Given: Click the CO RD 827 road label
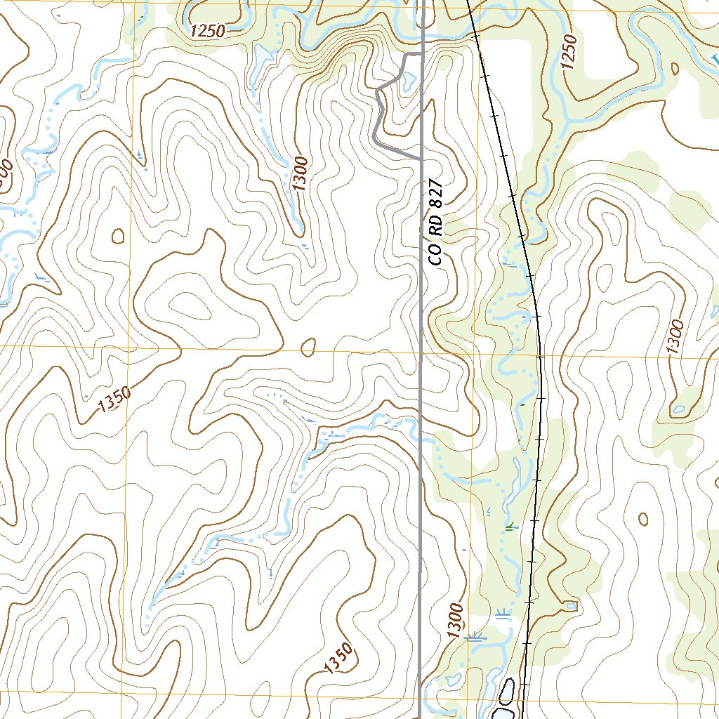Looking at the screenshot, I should pyautogui.click(x=436, y=229).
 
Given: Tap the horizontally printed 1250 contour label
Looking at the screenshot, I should pyautogui.click(x=206, y=30).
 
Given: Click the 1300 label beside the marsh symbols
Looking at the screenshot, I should pyautogui.click(x=455, y=620).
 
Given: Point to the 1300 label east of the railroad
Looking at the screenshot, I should pyautogui.click(x=675, y=338).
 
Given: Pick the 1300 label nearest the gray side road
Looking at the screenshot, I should pyautogui.click(x=300, y=174).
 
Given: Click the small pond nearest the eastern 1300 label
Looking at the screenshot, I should pyautogui.click(x=678, y=409).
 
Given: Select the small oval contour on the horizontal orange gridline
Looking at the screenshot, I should pyautogui.click(x=308, y=347).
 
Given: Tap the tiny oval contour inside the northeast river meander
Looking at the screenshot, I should pyautogui.click(x=675, y=68).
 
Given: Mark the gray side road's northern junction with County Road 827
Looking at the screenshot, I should pyautogui.click(x=421, y=53).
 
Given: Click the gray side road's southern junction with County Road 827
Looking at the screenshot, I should pyautogui.click(x=421, y=160).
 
